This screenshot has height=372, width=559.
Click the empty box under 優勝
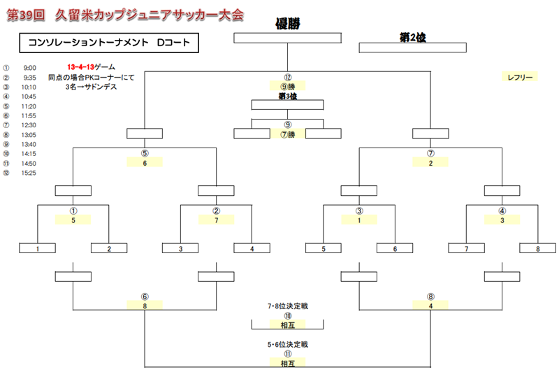pyautogui.click(x=287, y=38)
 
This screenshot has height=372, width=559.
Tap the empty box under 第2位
pyautogui.click(x=412, y=48)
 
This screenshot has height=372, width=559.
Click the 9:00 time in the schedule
pyautogui.click(x=29, y=68)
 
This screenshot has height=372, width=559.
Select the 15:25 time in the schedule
pyautogui.click(x=29, y=173)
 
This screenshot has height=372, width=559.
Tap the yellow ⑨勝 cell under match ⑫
pyautogui.click(x=287, y=86)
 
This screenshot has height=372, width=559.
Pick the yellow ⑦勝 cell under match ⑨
pyautogui.click(x=287, y=134)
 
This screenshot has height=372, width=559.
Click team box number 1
pyautogui.click(x=38, y=248)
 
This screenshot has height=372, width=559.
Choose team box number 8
pyautogui.click(x=537, y=248)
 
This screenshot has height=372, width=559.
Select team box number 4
pyautogui.click(x=252, y=248)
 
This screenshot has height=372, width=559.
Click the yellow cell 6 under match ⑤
pyautogui.click(x=145, y=162)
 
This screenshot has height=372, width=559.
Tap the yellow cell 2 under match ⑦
pyautogui.click(x=430, y=162)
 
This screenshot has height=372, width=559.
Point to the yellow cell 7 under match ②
pyautogui.click(x=216, y=220)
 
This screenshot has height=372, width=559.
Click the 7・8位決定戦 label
pyautogui.click(x=287, y=306)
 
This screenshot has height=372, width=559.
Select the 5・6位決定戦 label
pyautogui.click(x=287, y=345)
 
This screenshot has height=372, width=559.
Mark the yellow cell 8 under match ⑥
pyautogui.click(x=145, y=305)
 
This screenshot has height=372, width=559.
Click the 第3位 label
pyautogui.click(x=287, y=96)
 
